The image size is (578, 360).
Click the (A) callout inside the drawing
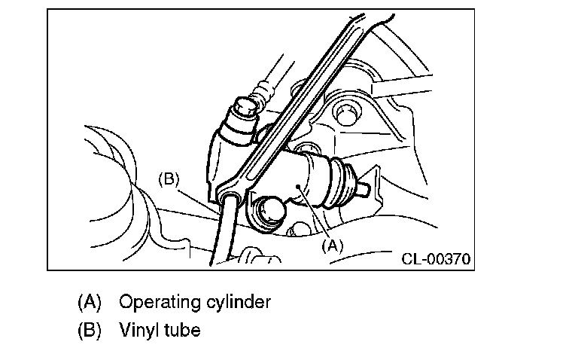point(332,246)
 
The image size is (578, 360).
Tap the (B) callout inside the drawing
point(169,179)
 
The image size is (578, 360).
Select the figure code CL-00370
point(436,259)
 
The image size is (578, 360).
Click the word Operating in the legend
point(160,303)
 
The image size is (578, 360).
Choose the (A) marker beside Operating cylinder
point(90,302)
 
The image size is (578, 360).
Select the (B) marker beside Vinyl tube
point(90,330)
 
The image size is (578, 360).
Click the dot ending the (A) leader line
point(300,187)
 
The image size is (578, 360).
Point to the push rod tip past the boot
point(363,188)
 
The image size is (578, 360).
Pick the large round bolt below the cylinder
point(271,213)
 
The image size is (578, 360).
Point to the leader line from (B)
point(199,201)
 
